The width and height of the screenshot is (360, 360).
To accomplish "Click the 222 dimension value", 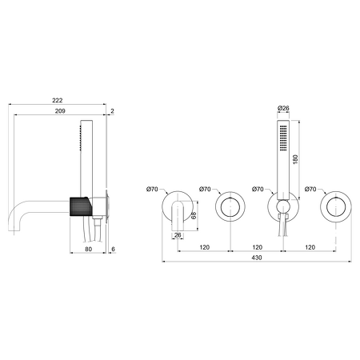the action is click(x=58, y=100).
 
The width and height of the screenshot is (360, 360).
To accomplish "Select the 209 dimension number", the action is click(x=60, y=111).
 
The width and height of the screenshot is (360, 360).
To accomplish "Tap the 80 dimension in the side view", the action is click(x=88, y=249).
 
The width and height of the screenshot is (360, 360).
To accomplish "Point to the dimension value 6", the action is click(x=113, y=249).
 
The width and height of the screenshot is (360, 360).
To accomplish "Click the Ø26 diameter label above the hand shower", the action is click(x=283, y=108).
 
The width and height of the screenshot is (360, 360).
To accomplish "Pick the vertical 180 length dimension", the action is click(x=295, y=159).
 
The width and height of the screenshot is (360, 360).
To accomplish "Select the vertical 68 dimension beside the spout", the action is click(x=194, y=215).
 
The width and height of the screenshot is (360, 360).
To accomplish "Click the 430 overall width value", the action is click(x=257, y=258).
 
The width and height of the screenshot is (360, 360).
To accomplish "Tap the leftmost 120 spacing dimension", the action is click(x=205, y=247).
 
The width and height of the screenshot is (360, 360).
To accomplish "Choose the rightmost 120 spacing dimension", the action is click(x=310, y=247).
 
